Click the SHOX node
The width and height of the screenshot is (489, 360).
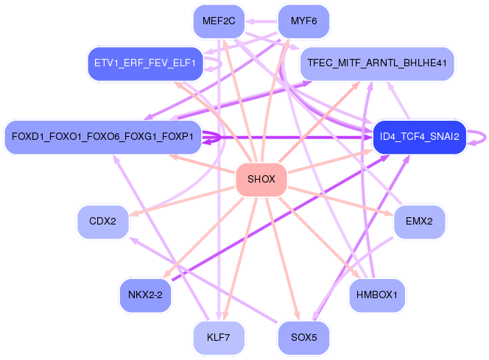[261, 179]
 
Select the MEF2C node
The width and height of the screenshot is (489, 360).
[219, 21]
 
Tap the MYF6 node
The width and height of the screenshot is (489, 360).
[303, 21]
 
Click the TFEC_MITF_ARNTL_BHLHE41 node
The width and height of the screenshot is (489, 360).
[377, 63]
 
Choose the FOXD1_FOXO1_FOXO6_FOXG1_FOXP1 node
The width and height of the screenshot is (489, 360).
[102, 136]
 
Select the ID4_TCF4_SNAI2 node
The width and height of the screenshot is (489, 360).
[420, 136]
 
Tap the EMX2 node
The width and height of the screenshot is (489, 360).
[419, 222]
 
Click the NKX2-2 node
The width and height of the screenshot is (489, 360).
[145, 295]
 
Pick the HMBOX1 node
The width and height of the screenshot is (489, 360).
[377, 295]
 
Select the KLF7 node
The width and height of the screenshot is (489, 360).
[219, 337]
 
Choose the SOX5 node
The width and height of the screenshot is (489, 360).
[303, 337]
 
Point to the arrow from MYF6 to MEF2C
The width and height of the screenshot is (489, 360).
[261, 21]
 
